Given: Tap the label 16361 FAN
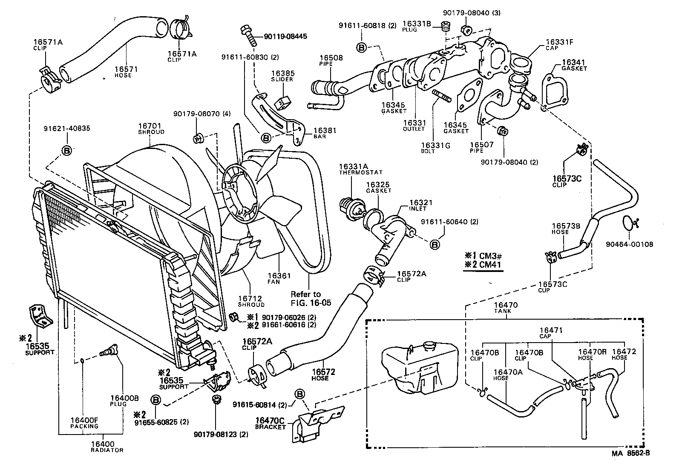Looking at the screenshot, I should (279, 279).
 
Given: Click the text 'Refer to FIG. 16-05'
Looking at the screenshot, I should (311, 298).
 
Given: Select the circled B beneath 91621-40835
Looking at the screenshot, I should (67, 150).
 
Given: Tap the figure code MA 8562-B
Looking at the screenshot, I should (630, 453).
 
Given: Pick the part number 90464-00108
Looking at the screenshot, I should (629, 244).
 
